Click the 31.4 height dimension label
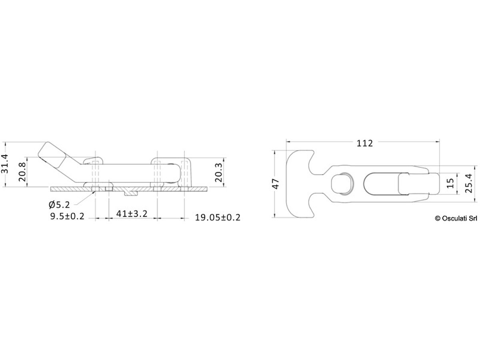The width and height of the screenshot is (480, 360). point(4,164)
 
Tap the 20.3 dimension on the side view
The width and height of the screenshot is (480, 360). point(218,173)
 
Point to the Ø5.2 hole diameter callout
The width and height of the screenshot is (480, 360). point(59,205)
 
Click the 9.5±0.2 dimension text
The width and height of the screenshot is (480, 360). point(67,216)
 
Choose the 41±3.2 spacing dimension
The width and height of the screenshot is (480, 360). point(132,214)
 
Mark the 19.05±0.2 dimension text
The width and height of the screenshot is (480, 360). point(218,218)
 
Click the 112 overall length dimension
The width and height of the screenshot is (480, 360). point(364,143)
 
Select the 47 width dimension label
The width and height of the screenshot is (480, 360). point(276,184)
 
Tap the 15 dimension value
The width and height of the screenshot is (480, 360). point(450,183)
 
